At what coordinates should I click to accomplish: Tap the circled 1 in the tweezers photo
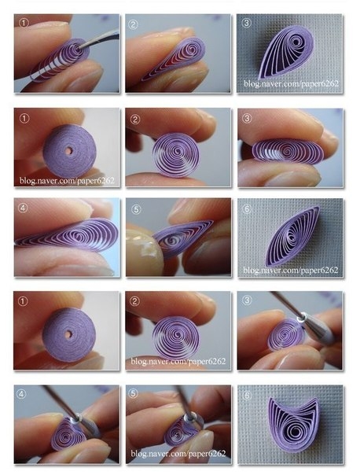click(24, 23)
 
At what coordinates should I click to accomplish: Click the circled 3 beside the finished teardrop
click(247, 23)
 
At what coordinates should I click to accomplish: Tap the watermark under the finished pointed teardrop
click(291, 83)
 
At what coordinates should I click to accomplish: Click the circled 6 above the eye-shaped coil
click(247, 208)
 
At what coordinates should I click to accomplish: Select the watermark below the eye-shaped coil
click(290, 270)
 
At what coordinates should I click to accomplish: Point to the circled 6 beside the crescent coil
click(247, 395)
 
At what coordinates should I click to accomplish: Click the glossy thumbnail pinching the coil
click(143, 249)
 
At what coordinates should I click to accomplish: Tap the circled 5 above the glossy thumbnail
click(136, 209)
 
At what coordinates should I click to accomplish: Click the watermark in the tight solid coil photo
click(67, 181)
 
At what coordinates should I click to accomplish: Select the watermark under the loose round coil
click(178, 361)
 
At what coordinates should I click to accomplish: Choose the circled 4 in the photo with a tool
click(21, 394)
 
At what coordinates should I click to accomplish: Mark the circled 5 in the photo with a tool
click(133, 393)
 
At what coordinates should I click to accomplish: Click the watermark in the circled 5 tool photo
click(178, 454)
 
